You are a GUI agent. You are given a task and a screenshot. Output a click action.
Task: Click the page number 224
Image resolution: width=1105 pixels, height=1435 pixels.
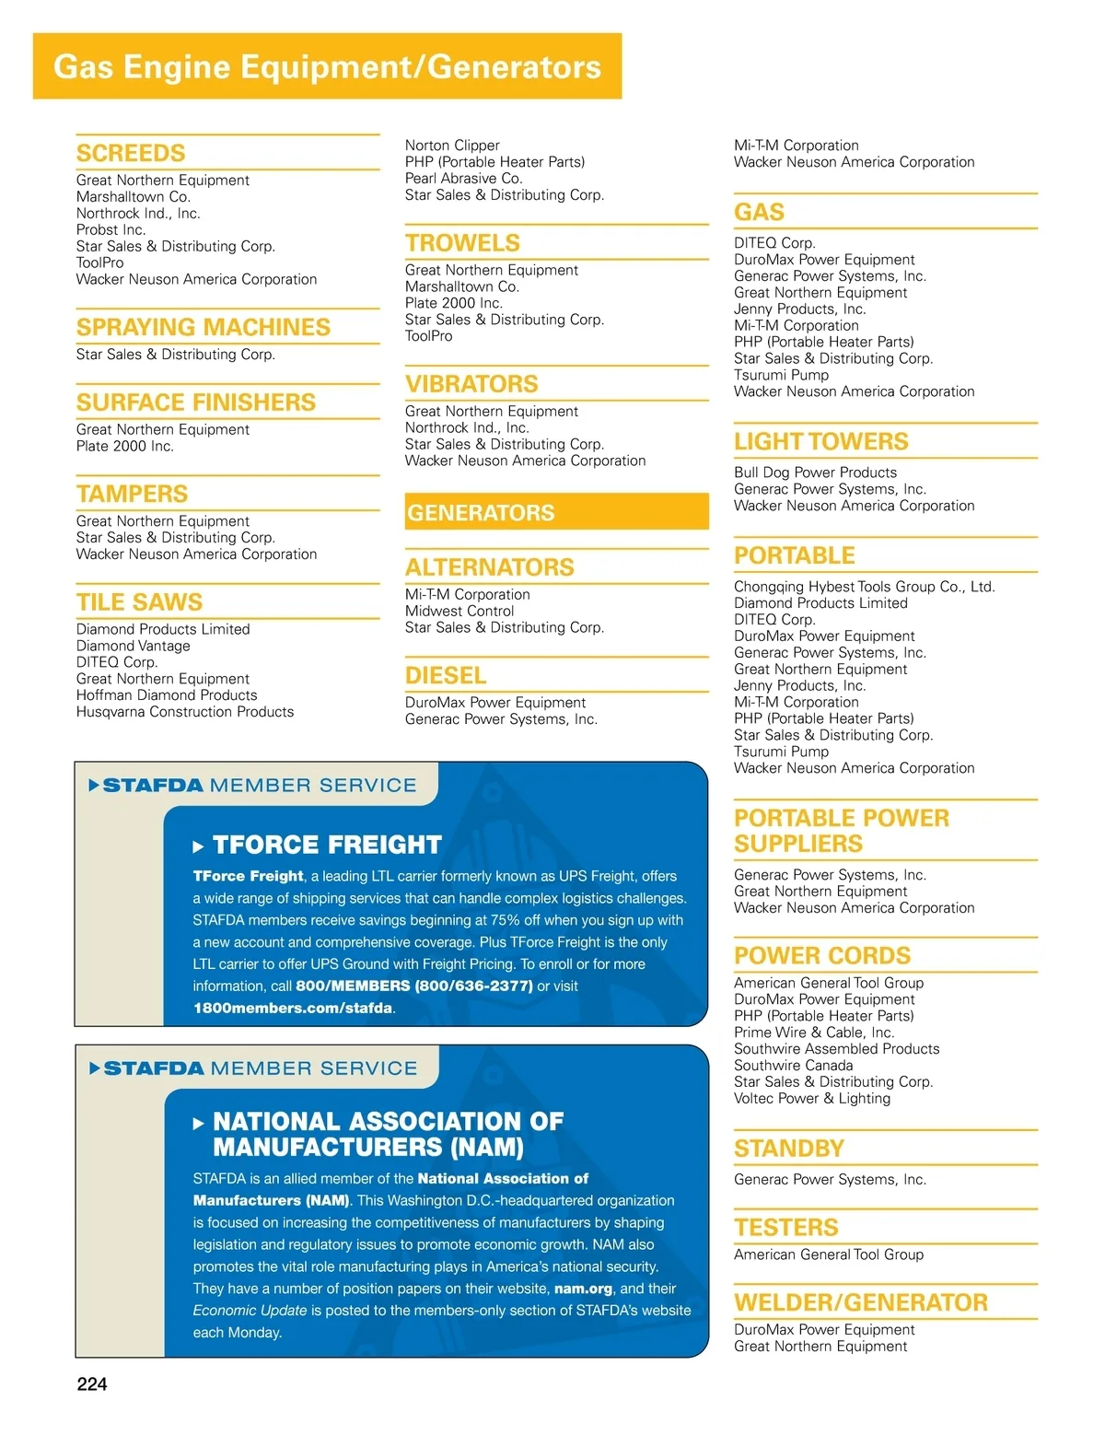[92, 1384]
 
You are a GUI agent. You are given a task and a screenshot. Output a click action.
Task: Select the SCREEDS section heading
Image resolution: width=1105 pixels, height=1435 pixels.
[131, 153]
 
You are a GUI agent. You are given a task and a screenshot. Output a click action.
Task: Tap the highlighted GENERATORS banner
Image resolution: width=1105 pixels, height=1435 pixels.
[556, 512]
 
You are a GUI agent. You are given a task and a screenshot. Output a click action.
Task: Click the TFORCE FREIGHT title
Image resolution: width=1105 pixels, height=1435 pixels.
[327, 845]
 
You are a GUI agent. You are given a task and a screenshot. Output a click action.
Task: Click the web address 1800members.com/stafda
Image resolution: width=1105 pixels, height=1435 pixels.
[293, 1009]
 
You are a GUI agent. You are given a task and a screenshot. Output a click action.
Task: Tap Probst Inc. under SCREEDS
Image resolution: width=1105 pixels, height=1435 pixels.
[110, 230]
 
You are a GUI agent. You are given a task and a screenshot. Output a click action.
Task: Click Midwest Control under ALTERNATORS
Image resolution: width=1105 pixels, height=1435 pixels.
[459, 612]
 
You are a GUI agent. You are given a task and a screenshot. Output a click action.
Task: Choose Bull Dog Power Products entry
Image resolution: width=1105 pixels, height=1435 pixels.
[815, 472]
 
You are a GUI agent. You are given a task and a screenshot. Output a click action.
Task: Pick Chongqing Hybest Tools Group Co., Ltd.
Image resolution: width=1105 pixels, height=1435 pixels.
[864, 587]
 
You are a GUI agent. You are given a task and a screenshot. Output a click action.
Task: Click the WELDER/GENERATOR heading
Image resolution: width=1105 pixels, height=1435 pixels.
[860, 1302]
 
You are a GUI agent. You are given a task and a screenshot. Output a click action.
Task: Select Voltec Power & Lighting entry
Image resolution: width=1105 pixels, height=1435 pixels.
[812, 1099]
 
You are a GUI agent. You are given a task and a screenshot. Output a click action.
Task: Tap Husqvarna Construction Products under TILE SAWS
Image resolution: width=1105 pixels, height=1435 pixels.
[185, 712]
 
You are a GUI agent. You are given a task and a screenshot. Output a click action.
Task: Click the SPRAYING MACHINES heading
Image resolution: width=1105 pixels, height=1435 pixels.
[203, 327]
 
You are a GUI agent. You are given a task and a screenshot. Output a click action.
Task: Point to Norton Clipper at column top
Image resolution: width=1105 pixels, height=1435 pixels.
[452, 146]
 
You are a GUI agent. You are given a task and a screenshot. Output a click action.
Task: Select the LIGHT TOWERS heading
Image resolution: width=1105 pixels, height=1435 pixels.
[820, 442]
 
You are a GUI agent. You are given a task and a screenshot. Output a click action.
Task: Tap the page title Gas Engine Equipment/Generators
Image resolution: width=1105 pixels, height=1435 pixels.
[327, 66]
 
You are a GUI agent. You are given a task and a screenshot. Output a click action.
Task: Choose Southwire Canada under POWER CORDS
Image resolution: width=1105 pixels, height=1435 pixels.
[793, 1066]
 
